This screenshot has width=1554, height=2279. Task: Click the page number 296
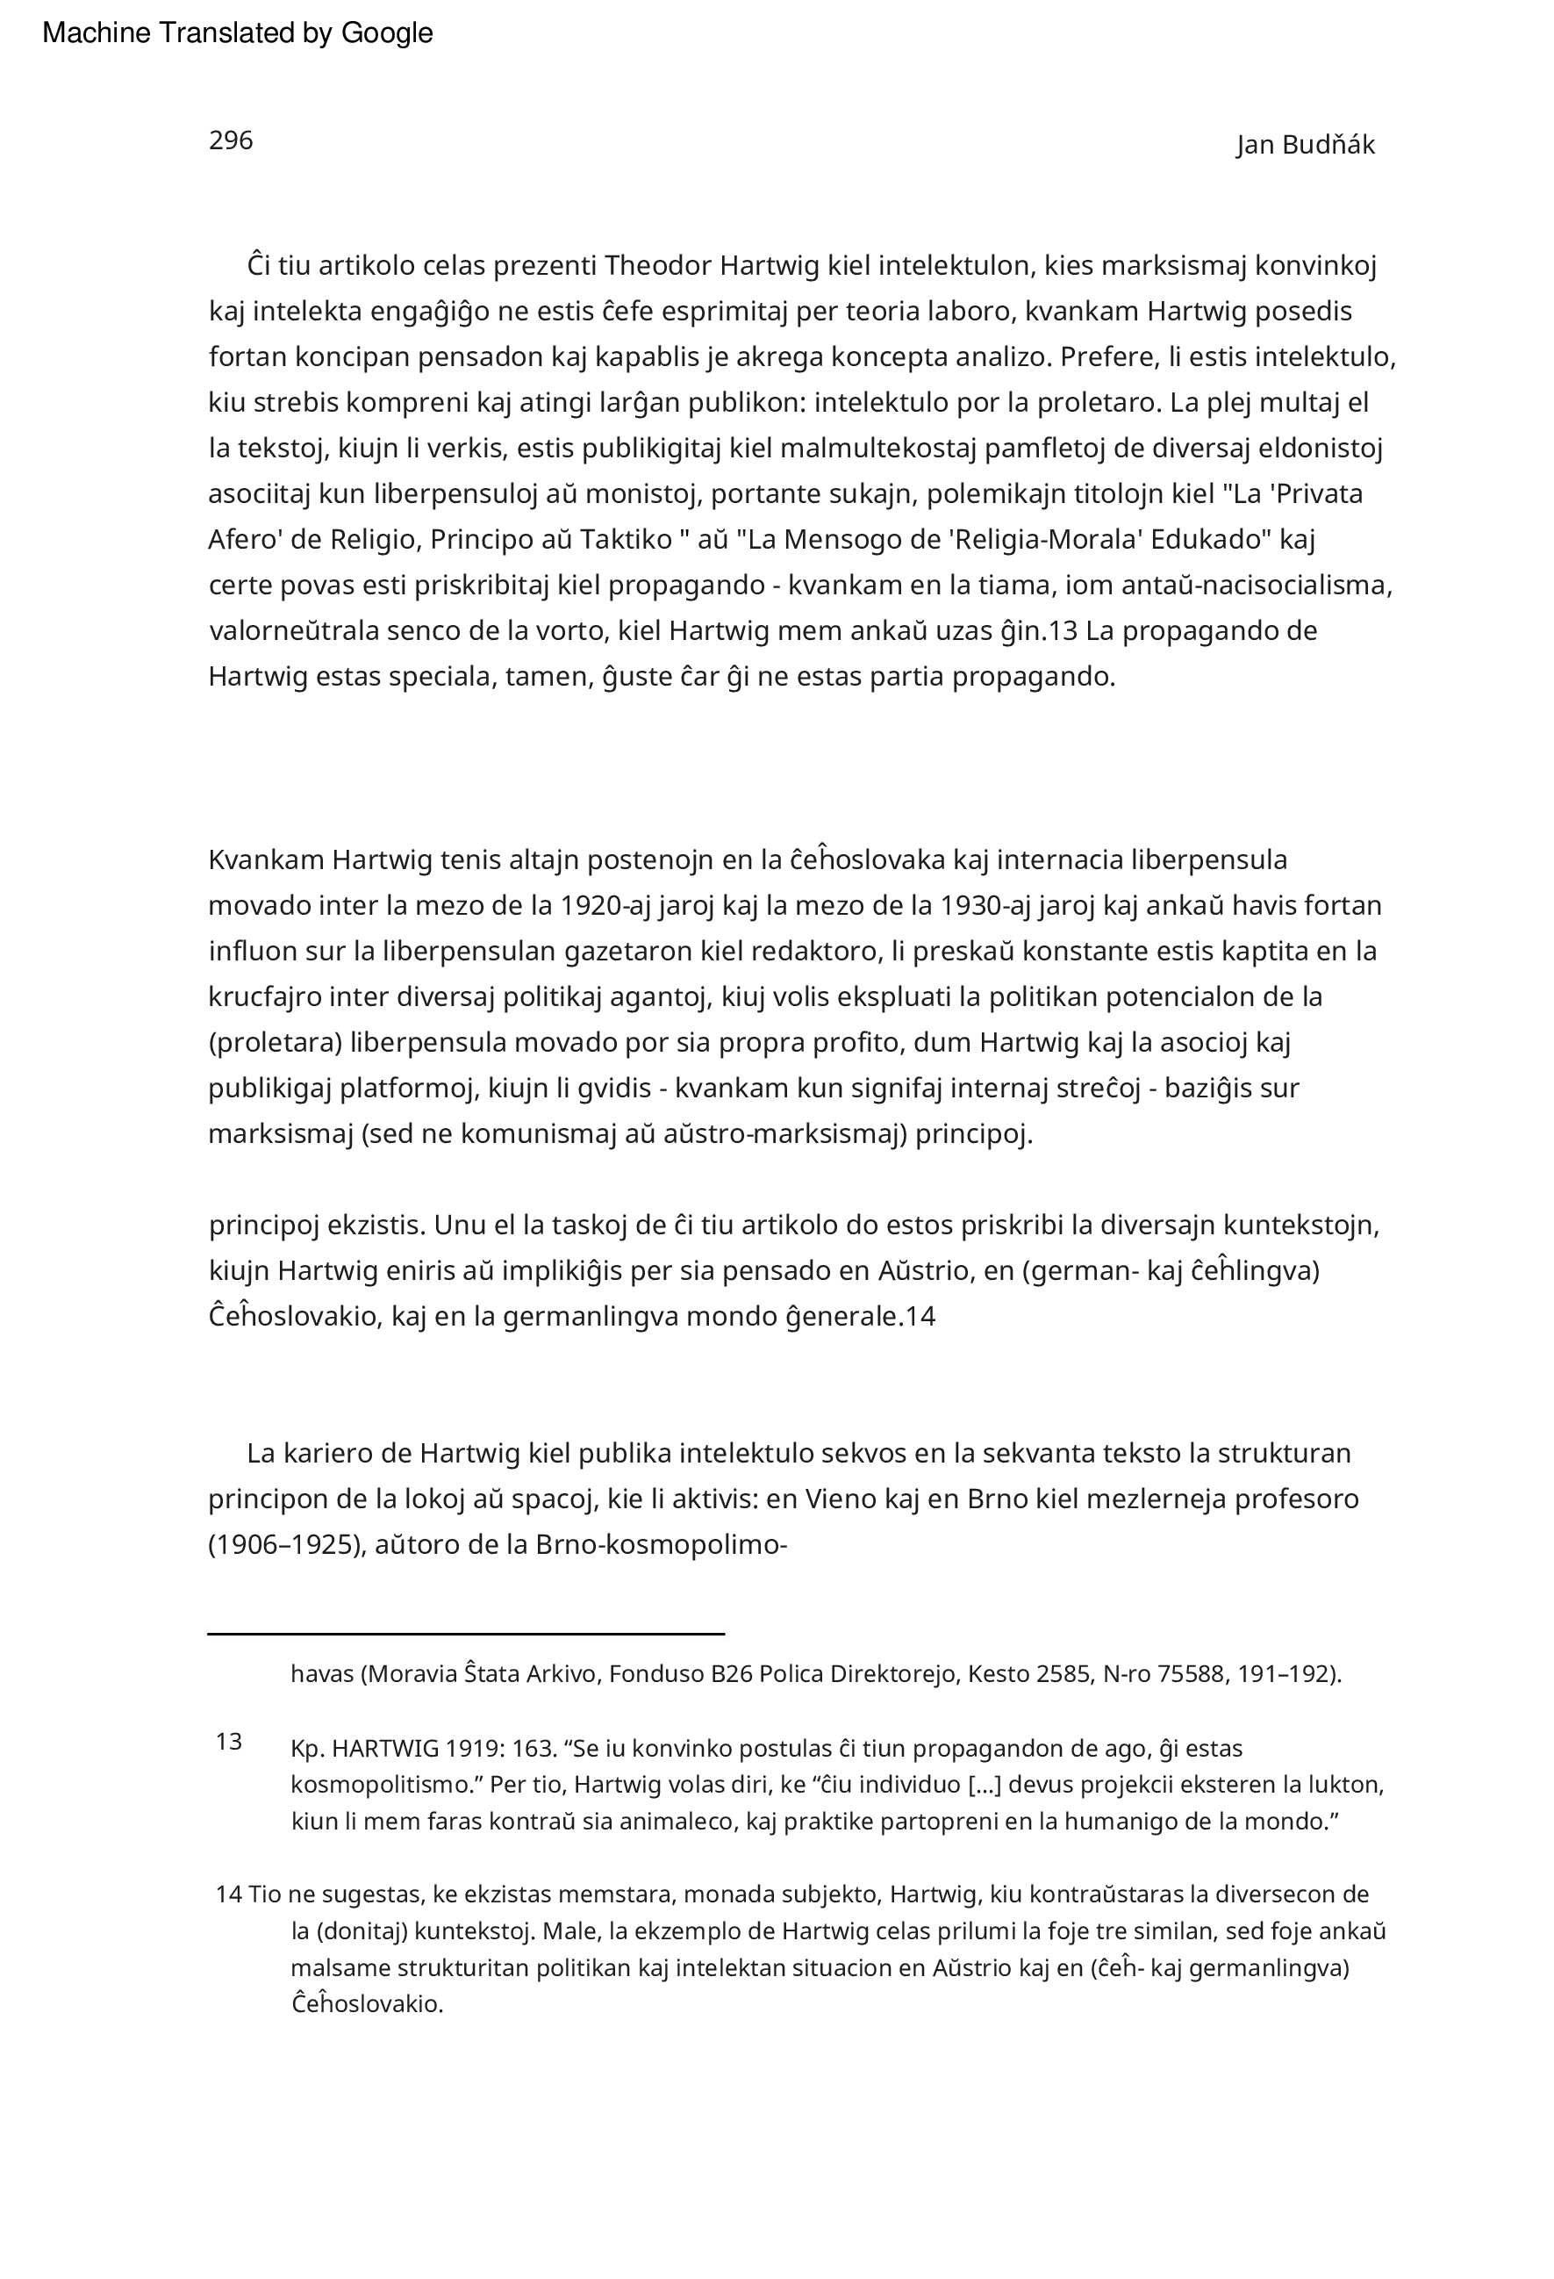[x=231, y=140]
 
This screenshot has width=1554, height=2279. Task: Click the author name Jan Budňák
[x=1305, y=145]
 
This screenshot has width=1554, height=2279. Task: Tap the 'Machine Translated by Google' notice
[x=237, y=33]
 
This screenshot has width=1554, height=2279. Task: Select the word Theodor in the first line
[x=658, y=266]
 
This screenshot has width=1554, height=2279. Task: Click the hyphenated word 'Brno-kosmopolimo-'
[x=662, y=1544]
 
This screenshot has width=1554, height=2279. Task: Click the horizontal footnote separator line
[x=466, y=1634]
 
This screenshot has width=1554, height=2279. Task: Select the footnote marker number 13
[x=228, y=1742]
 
